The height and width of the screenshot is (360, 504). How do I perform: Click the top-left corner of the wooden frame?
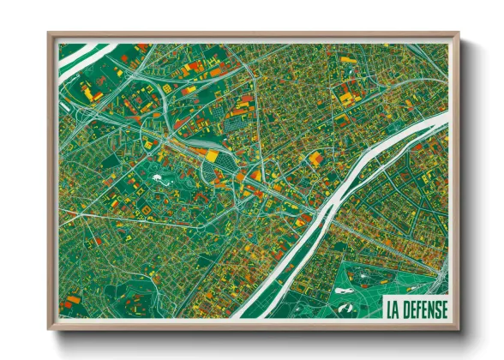(48, 34)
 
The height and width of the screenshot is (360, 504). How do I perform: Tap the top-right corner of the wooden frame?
(460, 34)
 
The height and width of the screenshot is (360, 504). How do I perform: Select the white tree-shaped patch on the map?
(160, 179)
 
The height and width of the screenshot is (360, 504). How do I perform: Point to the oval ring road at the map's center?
(214, 163)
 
